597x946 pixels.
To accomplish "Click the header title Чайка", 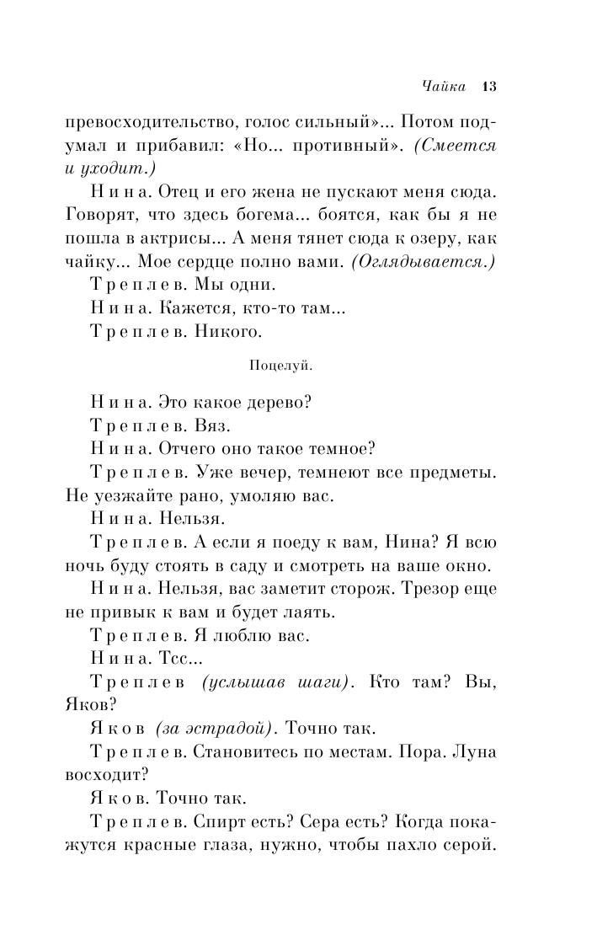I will (x=445, y=86).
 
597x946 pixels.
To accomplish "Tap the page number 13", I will (x=490, y=86).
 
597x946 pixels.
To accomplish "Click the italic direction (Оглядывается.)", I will (x=423, y=261).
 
